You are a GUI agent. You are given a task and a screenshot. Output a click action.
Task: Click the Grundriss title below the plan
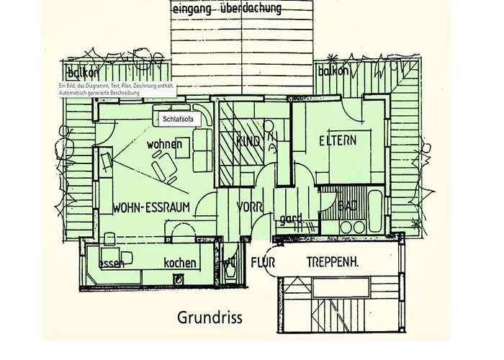pos(210,318)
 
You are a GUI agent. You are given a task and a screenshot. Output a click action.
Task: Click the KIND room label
pos(248,142)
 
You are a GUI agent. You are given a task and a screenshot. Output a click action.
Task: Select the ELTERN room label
pos(338,140)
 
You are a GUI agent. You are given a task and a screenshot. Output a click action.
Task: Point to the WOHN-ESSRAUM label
pos(151,209)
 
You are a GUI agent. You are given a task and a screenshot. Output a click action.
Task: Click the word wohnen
pos(164,144)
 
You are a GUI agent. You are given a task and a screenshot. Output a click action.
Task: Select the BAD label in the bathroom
pos(348,207)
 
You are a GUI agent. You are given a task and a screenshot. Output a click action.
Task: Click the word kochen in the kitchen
pos(179,263)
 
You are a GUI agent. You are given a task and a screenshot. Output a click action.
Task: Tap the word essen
pos(112,264)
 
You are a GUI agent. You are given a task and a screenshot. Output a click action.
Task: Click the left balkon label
pos(81,73)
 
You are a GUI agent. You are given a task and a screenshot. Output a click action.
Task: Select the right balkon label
pos(333,71)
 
